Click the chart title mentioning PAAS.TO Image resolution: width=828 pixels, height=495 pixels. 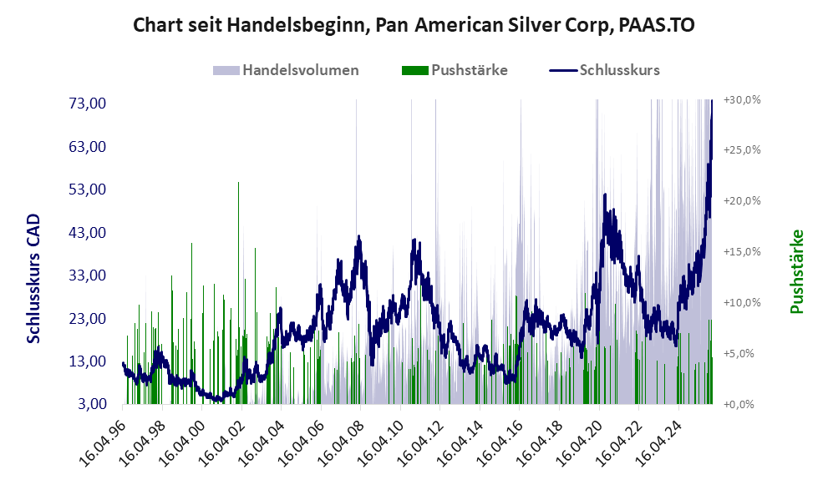414,26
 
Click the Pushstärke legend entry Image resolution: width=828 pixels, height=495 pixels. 469,70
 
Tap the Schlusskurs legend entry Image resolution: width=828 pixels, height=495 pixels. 619,70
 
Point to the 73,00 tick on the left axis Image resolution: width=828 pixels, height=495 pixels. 86,104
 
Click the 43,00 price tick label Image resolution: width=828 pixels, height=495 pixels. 86,232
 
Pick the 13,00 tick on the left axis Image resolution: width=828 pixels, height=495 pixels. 86,361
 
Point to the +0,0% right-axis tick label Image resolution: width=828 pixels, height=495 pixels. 744,404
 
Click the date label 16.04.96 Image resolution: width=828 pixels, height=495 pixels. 104,440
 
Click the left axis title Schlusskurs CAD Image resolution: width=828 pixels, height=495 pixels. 34,279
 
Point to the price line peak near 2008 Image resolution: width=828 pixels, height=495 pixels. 359,237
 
